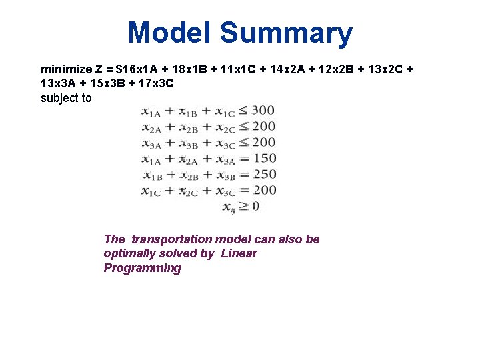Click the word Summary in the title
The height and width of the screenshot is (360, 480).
286,33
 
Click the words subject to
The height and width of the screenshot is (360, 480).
66,99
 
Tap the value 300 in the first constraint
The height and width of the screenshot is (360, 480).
263,110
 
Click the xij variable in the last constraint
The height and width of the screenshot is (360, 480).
229,207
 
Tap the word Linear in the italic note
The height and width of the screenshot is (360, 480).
239,253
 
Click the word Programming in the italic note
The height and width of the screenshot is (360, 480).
142,268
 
